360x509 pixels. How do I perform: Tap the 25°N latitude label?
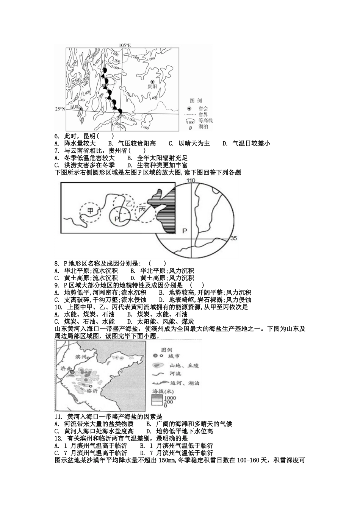pos(60,109)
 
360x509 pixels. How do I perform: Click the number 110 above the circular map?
pos(190,181)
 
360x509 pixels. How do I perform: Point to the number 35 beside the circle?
pos(233,238)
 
